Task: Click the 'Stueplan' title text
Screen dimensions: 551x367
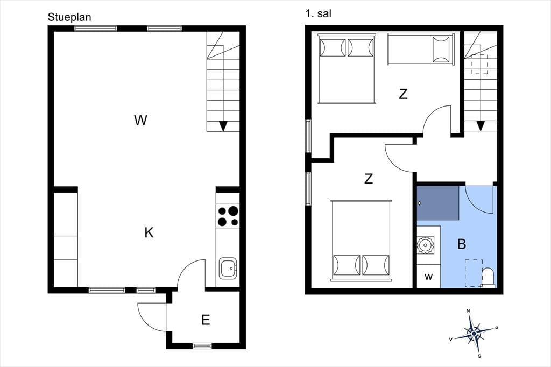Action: (x=69, y=17)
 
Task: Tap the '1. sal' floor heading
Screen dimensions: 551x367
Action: (x=319, y=13)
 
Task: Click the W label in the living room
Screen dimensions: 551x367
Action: (x=140, y=121)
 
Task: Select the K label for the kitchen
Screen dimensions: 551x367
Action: (x=149, y=232)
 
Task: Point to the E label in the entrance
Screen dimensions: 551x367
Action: (x=206, y=320)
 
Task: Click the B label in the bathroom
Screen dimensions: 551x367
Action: (x=462, y=244)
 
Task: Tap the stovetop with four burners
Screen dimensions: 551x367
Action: (x=228, y=216)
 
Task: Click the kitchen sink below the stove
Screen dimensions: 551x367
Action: (x=228, y=268)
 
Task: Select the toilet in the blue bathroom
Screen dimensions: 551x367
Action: (x=488, y=277)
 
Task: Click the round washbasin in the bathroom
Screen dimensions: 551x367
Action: (x=426, y=245)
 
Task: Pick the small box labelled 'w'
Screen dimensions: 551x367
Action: (x=429, y=277)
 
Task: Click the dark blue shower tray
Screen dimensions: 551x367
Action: (x=438, y=203)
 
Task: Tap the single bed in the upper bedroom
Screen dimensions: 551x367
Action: (x=421, y=49)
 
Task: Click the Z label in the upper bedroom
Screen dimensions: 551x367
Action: (x=403, y=94)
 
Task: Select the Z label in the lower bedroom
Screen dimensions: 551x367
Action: (x=368, y=179)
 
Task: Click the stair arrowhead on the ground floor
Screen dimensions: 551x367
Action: (x=223, y=126)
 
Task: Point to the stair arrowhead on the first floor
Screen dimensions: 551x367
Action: (x=481, y=126)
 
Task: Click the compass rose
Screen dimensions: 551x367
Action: (x=474, y=333)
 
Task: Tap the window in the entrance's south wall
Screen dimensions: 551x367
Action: (x=203, y=346)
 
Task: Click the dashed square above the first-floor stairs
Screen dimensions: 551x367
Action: (x=479, y=64)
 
